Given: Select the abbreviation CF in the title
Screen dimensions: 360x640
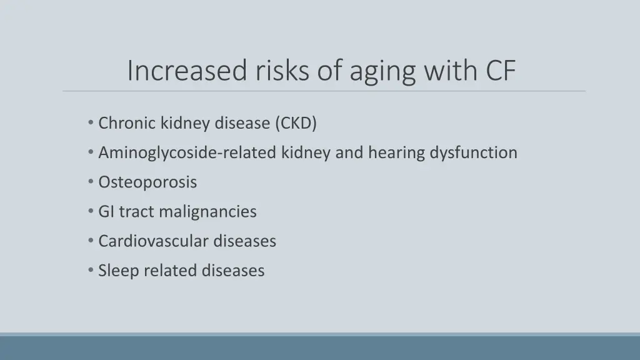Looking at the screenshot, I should pos(501,71).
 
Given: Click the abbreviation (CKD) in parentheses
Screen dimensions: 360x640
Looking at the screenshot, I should pos(296,124).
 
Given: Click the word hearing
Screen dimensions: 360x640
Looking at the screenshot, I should pos(397,153).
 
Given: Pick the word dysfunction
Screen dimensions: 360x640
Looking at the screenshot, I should pos(473,153).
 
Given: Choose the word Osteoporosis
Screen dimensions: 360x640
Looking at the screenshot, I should pos(147,182).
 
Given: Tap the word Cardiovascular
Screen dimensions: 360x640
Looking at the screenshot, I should pos(153,241).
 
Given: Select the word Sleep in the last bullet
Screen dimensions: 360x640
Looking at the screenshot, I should pos(119,271).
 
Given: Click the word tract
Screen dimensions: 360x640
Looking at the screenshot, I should pos(136,212).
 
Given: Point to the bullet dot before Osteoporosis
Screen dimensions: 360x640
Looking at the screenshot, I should pos(92,182).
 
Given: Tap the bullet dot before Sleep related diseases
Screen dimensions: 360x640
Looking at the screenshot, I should pos(92,271).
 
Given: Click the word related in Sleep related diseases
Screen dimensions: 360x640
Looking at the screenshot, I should pos(164,271).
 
